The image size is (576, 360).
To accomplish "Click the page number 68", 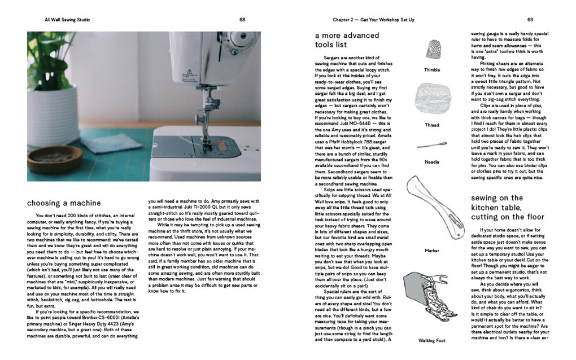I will (242, 20).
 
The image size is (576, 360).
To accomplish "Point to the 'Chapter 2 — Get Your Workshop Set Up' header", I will (373, 20).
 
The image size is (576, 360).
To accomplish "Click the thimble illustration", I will (431, 51).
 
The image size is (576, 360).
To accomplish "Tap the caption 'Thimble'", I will (432, 70).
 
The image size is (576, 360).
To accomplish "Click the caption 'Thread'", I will (432, 125).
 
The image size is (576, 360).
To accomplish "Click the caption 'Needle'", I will (432, 162).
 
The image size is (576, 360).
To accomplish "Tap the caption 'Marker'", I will (432, 249).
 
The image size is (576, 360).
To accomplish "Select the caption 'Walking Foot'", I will (432, 341).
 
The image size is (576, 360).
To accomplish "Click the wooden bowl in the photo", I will (47, 159).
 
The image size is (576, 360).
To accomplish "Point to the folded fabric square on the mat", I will (110, 142).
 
